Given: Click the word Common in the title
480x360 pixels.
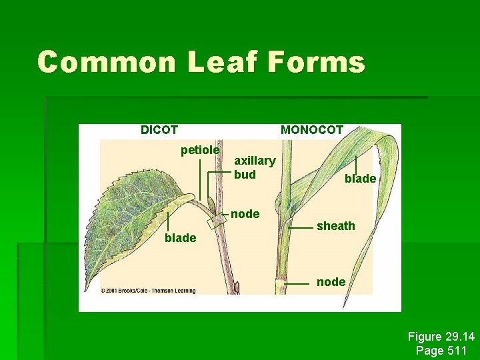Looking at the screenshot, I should click(x=107, y=63).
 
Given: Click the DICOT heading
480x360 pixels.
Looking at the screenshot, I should click(x=159, y=130).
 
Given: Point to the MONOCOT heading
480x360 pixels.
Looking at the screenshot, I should click(x=312, y=130).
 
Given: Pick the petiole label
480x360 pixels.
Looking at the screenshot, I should click(x=200, y=151).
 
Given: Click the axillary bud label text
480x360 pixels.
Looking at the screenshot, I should click(x=255, y=167).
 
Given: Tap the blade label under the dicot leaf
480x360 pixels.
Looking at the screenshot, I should click(x=180, y=238).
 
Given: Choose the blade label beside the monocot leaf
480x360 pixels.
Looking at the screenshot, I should click(x=360, y=179).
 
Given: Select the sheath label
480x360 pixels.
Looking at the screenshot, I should click(x=336, y=226).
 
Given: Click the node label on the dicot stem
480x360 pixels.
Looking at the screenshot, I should click(x=245, y=214).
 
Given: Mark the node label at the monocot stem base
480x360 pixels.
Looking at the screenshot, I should click(x=331, y=282).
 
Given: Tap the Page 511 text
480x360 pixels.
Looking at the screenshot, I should click(x=441, y=350).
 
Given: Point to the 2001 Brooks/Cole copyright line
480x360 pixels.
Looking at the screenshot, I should click(x=145, y=290).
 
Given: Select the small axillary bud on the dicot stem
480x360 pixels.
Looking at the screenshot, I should click(x=211, y=203).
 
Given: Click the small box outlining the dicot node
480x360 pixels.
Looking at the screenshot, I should click(x=218, y=221).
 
